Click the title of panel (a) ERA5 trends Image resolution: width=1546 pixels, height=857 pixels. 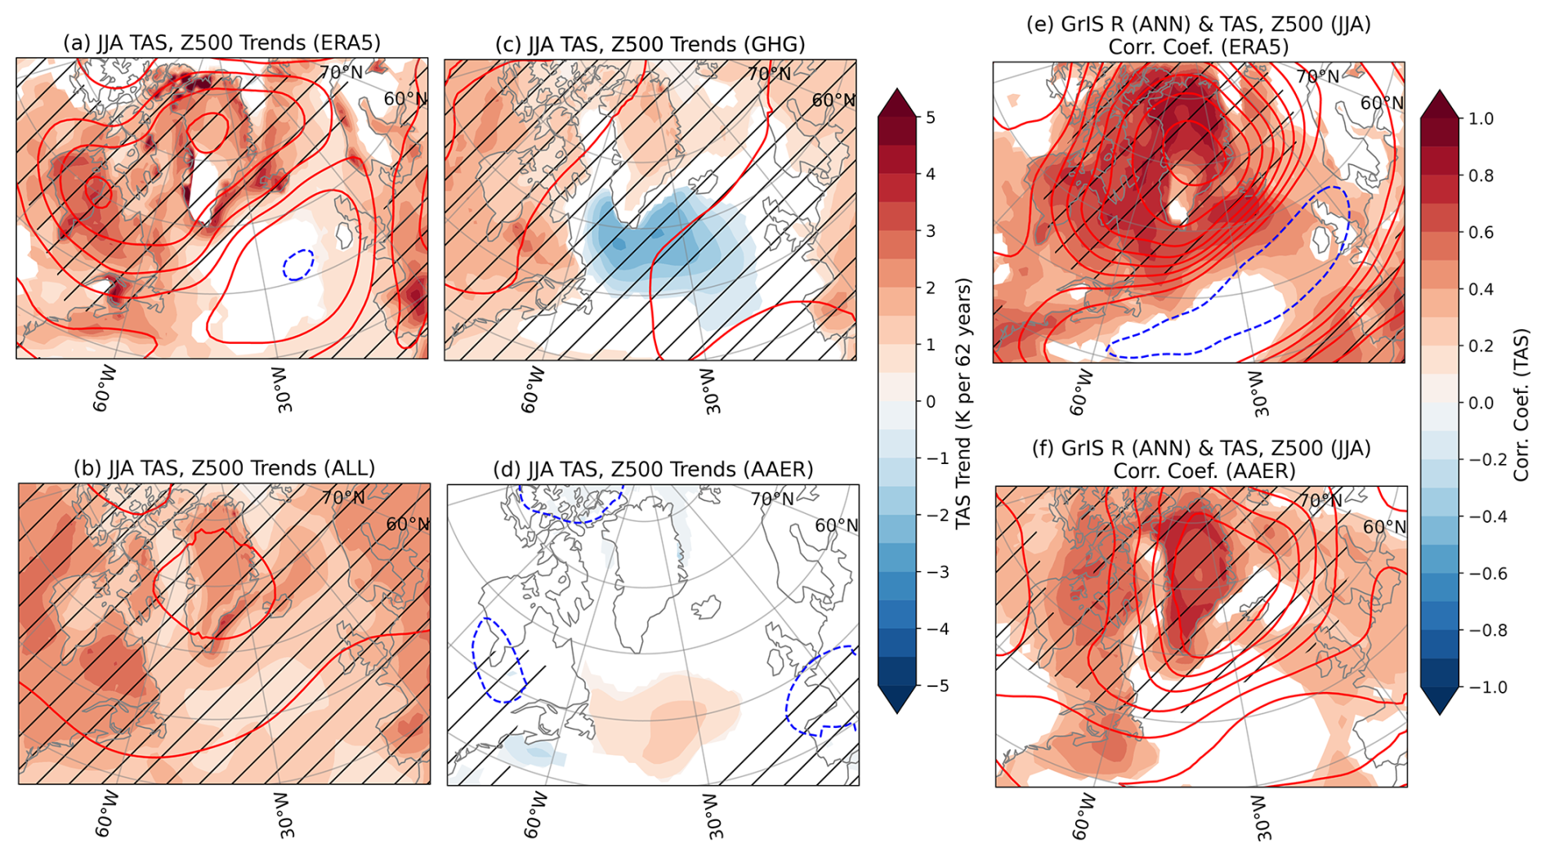221,42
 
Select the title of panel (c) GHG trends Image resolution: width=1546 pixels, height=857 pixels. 650,44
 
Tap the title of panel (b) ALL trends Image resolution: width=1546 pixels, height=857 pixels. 224,468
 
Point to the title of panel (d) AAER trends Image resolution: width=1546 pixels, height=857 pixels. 653,469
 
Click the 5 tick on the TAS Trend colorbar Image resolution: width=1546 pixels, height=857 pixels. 931,118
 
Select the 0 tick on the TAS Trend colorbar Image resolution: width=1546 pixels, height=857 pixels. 931,402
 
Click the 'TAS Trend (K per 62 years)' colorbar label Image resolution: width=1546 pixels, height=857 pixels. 964,403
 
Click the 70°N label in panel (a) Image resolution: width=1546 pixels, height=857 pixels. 341,73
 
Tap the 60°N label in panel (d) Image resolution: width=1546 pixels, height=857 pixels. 836,525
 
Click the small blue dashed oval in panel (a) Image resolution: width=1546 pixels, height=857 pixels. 297,265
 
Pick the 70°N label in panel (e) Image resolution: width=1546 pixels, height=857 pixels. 1317,77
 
